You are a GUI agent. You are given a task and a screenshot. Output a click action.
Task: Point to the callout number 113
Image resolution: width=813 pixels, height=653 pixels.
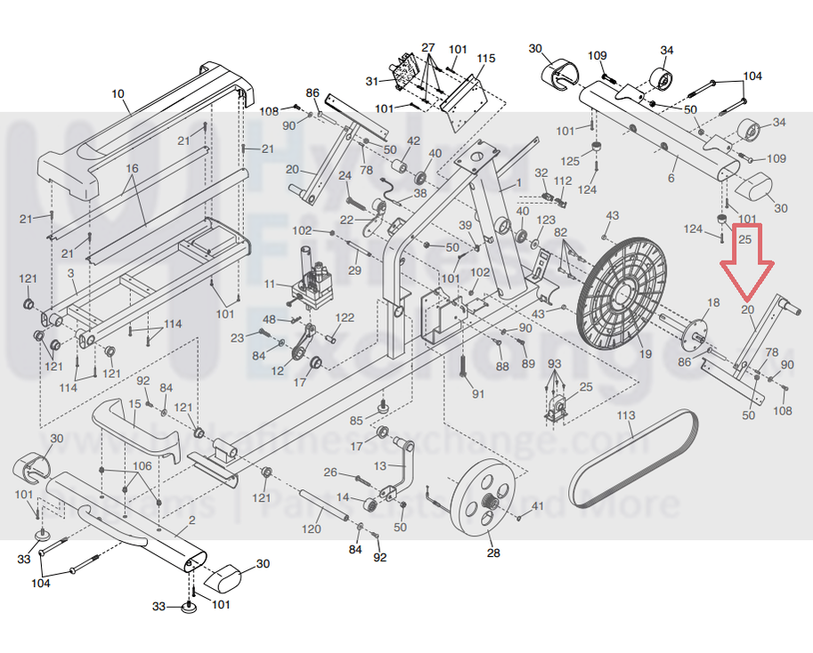tap(626, 415)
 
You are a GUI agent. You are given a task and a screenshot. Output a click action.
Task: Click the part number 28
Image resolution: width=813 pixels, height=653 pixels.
tap(493, 552)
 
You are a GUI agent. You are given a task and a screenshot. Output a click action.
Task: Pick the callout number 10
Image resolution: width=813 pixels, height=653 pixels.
tap(118, 93)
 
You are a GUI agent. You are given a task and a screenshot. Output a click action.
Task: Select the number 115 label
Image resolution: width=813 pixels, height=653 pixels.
tap(485, 59)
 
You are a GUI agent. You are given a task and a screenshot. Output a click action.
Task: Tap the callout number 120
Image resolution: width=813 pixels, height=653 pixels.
tap(311, 529)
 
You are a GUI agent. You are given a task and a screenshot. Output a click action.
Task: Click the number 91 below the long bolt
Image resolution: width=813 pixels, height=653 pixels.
tap(478, 393)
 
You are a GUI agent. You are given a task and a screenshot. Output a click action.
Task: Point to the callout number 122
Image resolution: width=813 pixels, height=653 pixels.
tap(345, 318)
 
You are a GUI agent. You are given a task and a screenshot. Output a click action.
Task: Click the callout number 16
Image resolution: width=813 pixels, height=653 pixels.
tap(133, 168)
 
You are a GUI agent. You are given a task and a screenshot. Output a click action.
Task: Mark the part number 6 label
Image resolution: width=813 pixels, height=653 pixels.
tap(671, 178)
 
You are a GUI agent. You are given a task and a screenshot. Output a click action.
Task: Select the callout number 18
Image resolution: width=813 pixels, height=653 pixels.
tap(712, 303)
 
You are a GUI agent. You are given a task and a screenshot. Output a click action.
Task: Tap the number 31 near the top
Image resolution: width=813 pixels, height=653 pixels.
tap(372, 82)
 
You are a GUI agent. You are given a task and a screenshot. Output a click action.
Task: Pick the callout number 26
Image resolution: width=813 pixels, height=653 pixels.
tap(329, 472)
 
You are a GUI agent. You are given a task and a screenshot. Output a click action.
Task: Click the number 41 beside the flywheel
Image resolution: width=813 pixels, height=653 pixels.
tap(537, 506)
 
